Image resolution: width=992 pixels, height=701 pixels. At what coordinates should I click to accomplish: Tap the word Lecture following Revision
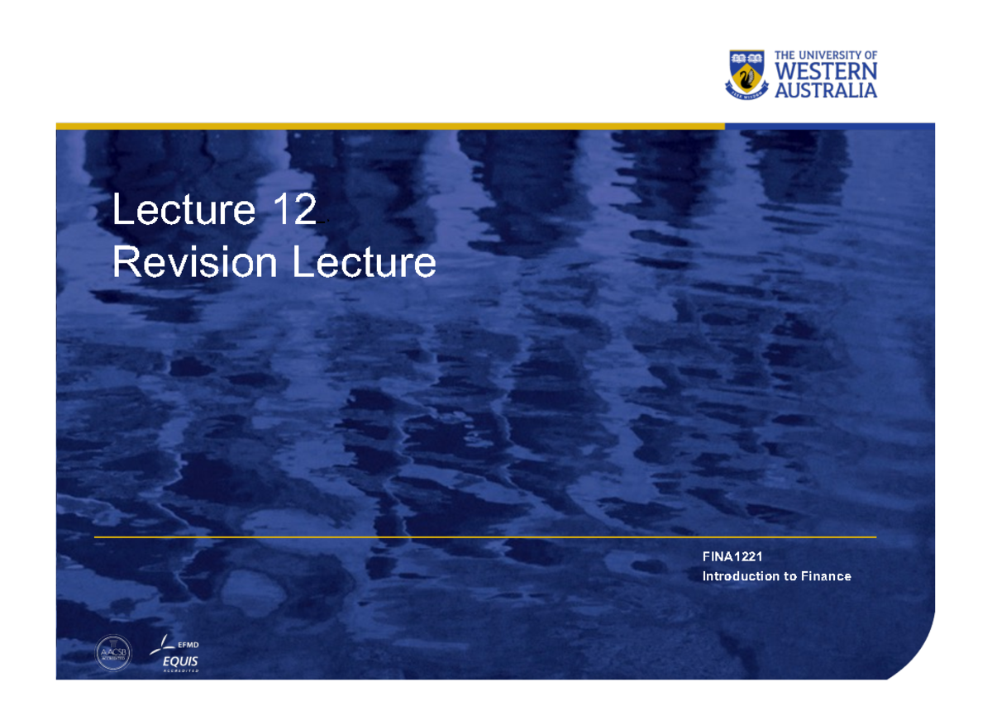click(364, 264)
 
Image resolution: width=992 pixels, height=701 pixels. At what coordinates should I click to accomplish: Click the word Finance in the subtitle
click(826, 576)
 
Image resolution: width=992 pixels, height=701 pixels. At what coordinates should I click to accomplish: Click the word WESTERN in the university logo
click(826, 73)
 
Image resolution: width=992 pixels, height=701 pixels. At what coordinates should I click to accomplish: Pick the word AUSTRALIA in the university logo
click(826, 90)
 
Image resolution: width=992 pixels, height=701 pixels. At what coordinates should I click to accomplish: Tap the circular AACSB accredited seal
click(113, 652)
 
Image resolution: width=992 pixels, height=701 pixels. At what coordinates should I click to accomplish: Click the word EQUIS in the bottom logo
click(180, 661)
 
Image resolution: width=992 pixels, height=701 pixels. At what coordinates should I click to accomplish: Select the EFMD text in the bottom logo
click(188, 645)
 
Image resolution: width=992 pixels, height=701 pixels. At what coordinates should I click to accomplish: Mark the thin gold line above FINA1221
click(484, 537)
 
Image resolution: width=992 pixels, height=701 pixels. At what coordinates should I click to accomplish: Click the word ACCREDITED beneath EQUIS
click(180, 671)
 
